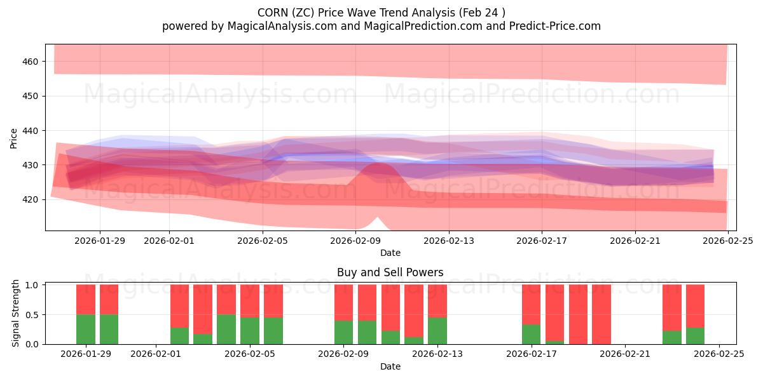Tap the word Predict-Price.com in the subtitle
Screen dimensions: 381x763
coord(554,26)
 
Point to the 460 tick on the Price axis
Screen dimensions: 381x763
coord(32,62)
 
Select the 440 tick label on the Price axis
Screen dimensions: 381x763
coord(32,131)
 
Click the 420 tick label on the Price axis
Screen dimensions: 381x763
coord(32,199)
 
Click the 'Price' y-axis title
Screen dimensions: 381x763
coord(14,137)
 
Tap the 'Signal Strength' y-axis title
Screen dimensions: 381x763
coord(16,314)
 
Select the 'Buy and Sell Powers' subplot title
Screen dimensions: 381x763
coord(390,272)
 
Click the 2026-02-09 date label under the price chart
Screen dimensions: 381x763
coord(355,241)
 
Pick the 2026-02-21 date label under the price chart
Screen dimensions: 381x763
coord(635,241)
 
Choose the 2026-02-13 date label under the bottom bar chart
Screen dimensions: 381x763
coord(437,354)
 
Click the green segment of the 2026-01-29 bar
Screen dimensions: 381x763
coord(86,329)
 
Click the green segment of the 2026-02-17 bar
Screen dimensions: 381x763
coord(531,334)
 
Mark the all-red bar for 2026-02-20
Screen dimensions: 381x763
coord(601,314)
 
